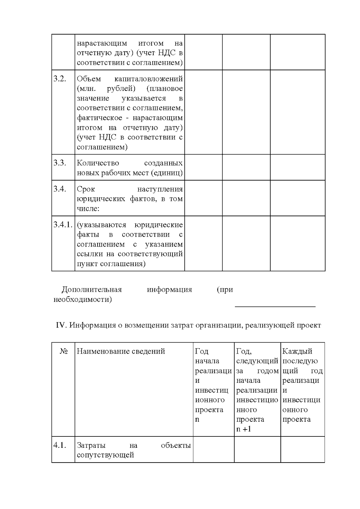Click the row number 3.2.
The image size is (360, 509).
click(x=59, y=79)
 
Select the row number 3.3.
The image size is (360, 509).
click(x=59, y=163)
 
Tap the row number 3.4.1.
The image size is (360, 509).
click(x=63, y=225)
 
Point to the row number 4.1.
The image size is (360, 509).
click(x=59, y=445)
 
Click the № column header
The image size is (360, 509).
click(x=63, y=351)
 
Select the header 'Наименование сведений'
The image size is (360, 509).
click(x=121, y=351)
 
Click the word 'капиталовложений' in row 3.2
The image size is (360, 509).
click(x=148, y=79)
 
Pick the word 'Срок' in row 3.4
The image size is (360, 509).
click(x=86, y=189)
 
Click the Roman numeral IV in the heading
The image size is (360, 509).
click(x=61, y=325)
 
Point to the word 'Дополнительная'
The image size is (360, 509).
click(x=92, y=290)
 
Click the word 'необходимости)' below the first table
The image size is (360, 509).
click(x=82, y=300)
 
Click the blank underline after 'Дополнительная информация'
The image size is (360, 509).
click(x=275, y=306)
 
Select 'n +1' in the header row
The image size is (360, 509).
click(x=243, y=429)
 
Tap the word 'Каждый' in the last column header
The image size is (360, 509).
click(x=297, y=351)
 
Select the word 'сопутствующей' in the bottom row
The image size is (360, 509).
click(x=105, y=455)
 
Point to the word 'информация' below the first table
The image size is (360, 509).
click(x=169, y=290)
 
